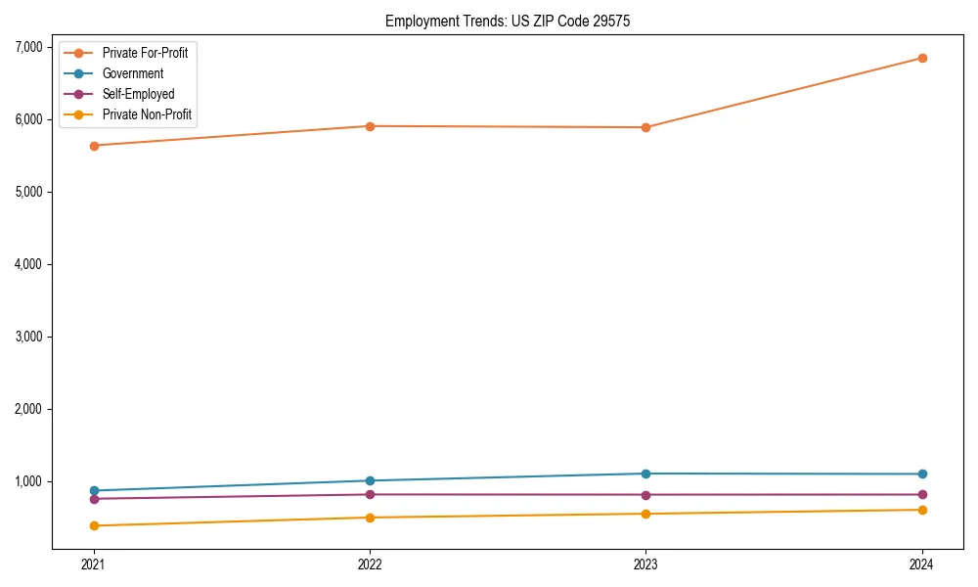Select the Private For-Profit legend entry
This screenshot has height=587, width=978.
(x=145, y=53)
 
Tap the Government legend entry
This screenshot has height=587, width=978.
(x=133, y=73)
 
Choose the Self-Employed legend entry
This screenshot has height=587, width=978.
(x=138, y=94)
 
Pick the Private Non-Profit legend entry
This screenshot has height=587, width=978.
(x=147, y=114)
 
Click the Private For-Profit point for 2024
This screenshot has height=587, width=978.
(x=922, y=58)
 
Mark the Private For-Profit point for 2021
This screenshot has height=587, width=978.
(x=94, y=146)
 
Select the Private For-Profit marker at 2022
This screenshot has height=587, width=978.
(x=370, y=126)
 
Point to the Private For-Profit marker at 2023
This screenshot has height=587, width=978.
(x=645, y=127)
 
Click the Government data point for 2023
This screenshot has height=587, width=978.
(x=645, y=474)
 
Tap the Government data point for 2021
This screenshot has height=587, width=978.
(x=94, y=490)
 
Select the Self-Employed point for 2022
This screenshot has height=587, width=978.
(x=370, y=494)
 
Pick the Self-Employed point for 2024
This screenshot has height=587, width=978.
(x=922, y=494)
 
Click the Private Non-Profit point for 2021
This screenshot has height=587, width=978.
(x=94, y=525)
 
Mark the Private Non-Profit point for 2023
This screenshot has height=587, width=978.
(x=645, y=514)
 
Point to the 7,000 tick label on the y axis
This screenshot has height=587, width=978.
(x=28, y=47)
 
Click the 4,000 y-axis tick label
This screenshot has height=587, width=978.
(x=28, y=264)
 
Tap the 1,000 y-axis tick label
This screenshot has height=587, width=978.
(x=28, y=481)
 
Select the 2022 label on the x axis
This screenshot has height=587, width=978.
(x=370, y=564)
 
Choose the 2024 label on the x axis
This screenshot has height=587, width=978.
(x=922, y=564)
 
